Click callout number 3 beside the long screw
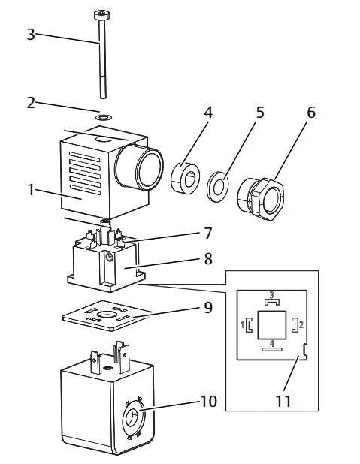31,34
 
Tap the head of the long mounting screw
100,14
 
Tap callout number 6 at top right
310,113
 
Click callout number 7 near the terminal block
207,234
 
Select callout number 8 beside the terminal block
207,259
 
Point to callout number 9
207,307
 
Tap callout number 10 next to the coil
208,401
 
